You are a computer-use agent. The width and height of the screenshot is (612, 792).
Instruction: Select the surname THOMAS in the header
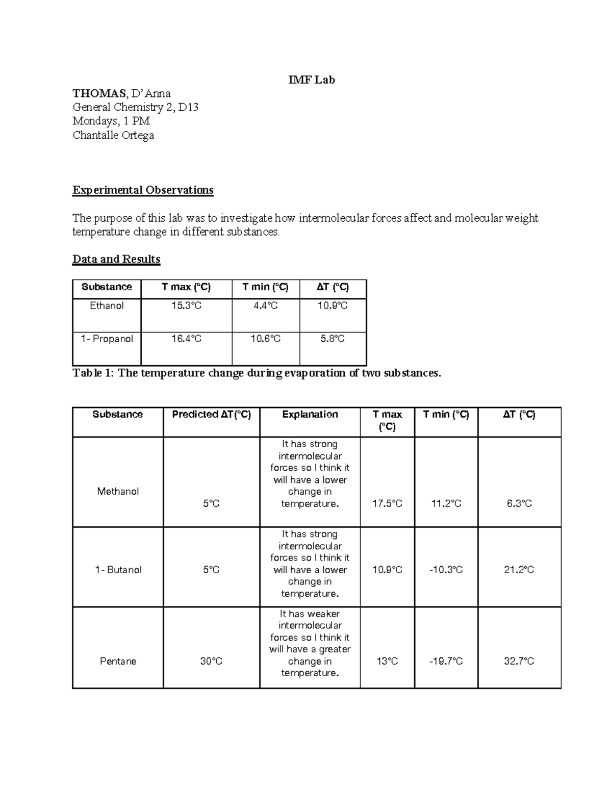tap(99, 93)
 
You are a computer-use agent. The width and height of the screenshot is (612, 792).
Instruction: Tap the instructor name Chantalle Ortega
tap(113, 135)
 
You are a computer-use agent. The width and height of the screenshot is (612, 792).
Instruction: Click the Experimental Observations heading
tap(143, 190)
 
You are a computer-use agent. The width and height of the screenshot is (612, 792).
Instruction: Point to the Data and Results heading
tap(116, 259)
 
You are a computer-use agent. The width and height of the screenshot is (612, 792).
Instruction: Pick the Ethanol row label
tap(107, 305)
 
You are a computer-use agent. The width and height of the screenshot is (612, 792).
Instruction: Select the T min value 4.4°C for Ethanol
tap(266, 305)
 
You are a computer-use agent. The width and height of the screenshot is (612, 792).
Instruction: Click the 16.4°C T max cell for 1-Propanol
tap(186, 339)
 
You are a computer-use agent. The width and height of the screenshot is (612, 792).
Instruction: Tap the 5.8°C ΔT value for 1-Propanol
tap(333, 339)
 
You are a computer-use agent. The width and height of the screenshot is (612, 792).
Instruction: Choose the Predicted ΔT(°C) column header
tap(211, 415)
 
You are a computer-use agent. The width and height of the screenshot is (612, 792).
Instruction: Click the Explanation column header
tap(310, 415)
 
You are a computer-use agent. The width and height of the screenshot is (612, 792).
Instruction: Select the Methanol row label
tap(118, 492)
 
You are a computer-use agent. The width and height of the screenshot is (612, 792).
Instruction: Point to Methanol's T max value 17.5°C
tap(387, 504)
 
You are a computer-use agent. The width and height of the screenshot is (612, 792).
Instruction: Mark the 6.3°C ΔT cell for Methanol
tap(519, 504)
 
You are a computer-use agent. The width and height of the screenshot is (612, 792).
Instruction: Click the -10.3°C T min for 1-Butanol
tap(446, 570)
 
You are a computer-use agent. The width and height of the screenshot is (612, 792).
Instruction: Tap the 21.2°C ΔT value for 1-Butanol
tap(519, 570)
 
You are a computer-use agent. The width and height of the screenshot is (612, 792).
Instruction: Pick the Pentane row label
tap(118, 661)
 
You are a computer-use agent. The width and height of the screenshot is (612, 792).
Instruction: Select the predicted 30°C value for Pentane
tap(211, 661)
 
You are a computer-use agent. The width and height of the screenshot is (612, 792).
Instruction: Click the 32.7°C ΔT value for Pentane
tap(519, 661)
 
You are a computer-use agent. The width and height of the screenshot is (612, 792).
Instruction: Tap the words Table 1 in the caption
tap(92, 373)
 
